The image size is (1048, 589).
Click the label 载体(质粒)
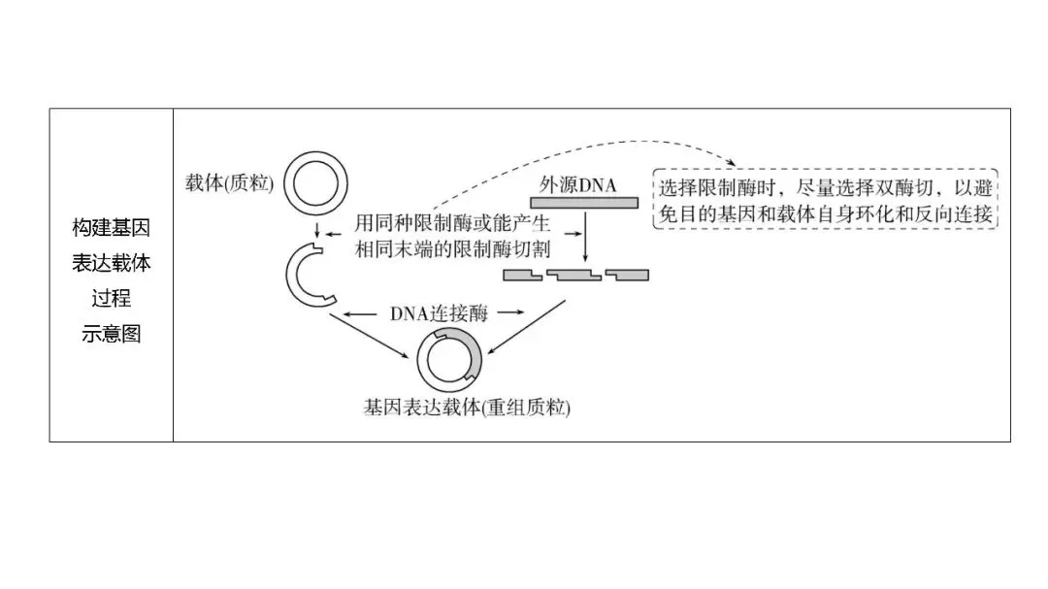click(x=229, y=182)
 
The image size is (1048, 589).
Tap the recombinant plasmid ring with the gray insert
click(x=449, y=360)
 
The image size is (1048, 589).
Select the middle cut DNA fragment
click(x=574, y=276)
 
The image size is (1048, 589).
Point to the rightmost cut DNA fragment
click(x=627, y=276)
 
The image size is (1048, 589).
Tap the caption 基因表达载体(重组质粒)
click(x=466, y=408)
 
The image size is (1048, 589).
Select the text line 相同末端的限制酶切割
click(x=451, y=248)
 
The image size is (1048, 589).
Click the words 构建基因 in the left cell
click(x=112, y=229)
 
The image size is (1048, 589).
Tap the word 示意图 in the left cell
click(x=112, y=334)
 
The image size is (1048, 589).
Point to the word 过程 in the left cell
click(x=112, y=299)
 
